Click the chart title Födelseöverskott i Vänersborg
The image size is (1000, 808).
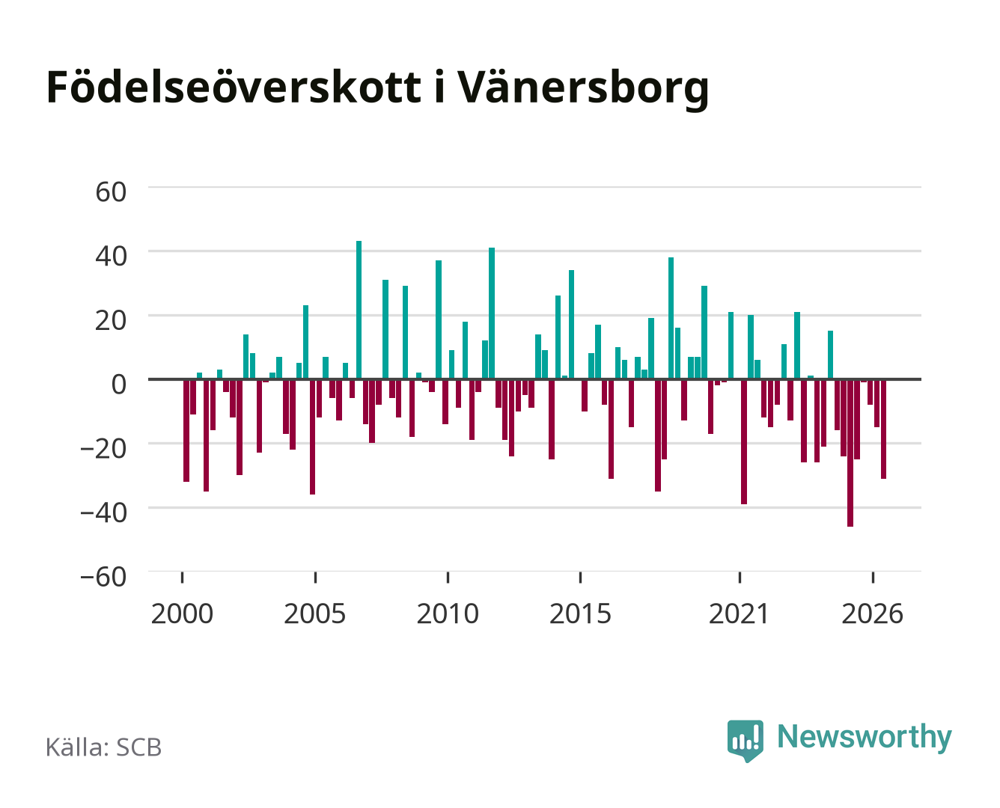tap(377, 88)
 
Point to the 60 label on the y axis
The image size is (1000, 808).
tap(111, 192)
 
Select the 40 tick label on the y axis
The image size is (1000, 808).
tap(111, 256)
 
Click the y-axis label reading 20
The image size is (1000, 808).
tap(111, 320)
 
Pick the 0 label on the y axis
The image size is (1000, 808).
tap(119, 385)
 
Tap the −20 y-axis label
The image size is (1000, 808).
tap(103, 449)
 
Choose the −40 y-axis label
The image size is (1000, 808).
tap(103, 512)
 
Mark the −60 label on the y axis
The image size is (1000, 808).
tap(103, 577)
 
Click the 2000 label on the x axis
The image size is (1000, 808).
tap(182, 613)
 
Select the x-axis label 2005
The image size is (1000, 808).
tap(315, 613)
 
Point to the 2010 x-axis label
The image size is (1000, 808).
tap(448, 613)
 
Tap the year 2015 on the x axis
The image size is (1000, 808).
tap(580, 613)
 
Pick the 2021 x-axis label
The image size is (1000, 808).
tap(739, 613)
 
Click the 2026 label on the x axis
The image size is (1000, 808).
tap(872, 613)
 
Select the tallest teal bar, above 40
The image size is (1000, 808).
tap(359, 310)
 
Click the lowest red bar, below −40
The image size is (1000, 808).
tap(850, 453)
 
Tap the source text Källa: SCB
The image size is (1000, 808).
tap(104, 747)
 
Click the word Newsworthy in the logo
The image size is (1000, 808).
tap(865, 737)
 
